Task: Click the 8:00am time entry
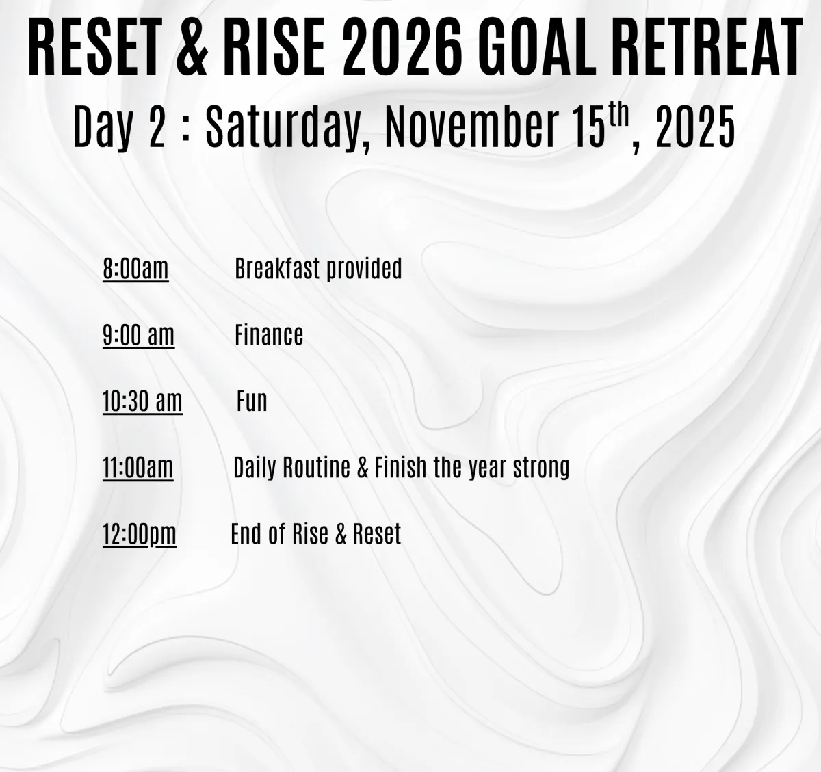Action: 135,269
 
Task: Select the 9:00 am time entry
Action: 138,335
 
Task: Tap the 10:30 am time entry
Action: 142,401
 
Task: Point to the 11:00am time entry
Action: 138,468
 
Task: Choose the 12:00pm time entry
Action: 140,533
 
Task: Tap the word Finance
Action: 269,334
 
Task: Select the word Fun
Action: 252,401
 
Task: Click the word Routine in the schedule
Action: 316,468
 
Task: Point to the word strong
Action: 541,468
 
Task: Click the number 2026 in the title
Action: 402,47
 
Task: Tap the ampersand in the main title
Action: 193,47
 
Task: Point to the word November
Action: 472,126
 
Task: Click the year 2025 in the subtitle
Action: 695,127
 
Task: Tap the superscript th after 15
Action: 619,115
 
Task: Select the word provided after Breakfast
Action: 364,269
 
